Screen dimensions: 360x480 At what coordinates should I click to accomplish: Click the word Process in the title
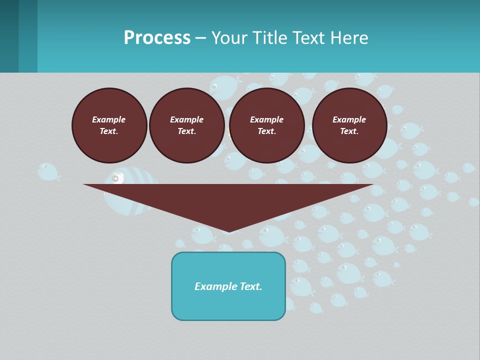click(x=157, y=38)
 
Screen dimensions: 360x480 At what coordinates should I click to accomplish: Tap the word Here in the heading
click(x=350, y=38)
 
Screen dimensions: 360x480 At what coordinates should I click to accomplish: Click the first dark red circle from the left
click(x=109, y=125)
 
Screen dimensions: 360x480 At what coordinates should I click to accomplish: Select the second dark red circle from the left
click(x=186, y=125)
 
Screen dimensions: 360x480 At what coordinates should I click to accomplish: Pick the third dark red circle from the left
click(x=266, y=125)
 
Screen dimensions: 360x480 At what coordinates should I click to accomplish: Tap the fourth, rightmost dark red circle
click(x=349, y=125)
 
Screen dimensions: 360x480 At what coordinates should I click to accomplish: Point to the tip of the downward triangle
click(x=228, y=231)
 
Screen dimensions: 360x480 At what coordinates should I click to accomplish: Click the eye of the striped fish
click(x=116, y=178)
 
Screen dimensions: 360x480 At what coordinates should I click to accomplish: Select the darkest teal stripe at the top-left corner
click(x=9, y=36)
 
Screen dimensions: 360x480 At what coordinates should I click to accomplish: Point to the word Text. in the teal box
click(x=250, y=286)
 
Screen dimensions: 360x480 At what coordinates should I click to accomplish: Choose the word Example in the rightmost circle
click(x=349, y=119)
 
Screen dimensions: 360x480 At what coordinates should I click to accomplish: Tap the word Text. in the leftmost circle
click(x=109, y=131)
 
